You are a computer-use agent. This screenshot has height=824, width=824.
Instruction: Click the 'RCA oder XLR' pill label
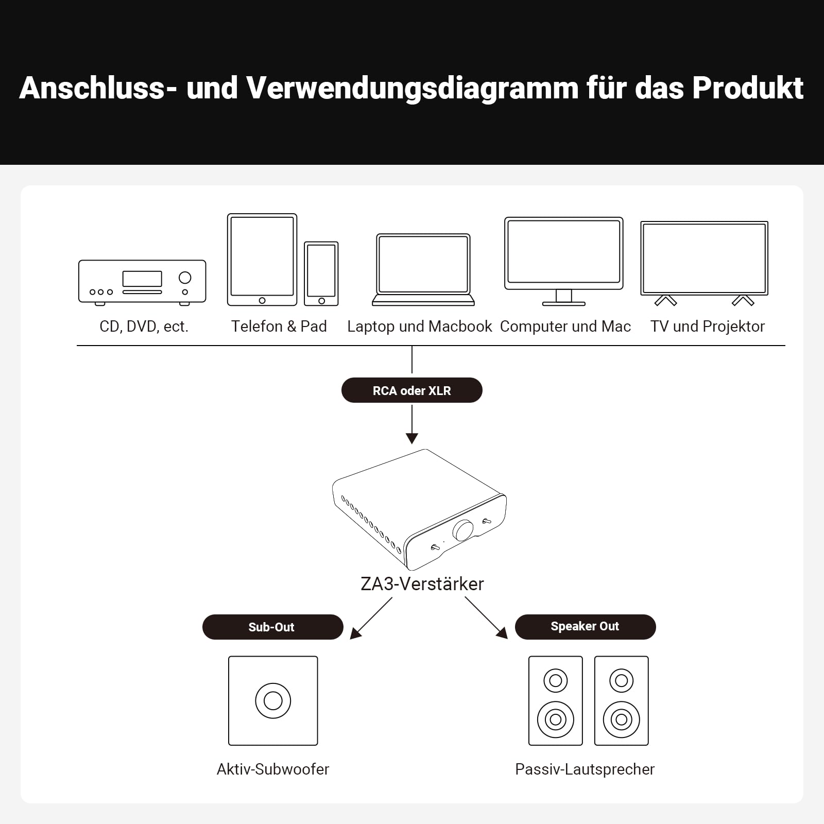point(412,390)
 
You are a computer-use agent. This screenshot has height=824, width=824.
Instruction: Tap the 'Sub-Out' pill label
point(272,627)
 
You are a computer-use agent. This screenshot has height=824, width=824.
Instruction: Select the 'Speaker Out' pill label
point(585,627)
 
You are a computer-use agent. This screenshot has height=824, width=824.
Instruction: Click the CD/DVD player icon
point(142,282)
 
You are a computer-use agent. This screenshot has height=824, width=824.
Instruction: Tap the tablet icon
point(262,260)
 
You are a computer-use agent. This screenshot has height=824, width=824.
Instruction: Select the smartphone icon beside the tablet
point(321,273)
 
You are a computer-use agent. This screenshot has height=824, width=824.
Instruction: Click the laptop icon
point(423,270)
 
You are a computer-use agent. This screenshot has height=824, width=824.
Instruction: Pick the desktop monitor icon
point(564,261)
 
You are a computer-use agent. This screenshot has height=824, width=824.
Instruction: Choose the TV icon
point(705,263)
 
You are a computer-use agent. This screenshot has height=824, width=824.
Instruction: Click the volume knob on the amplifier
point(463,530)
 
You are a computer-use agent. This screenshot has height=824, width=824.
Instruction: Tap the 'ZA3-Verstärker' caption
point(422,583)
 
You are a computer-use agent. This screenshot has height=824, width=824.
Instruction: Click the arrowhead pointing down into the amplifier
point(412,438)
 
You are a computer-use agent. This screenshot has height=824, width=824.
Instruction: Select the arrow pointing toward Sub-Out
point(371,618)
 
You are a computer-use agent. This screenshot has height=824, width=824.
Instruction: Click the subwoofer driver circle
point(273,700)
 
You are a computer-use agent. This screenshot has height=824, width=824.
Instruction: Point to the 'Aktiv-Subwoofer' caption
point(273,769)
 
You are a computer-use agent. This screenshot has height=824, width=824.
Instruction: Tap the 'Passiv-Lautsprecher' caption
point(585,769)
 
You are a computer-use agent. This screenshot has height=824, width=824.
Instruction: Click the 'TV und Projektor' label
point(708,326)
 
